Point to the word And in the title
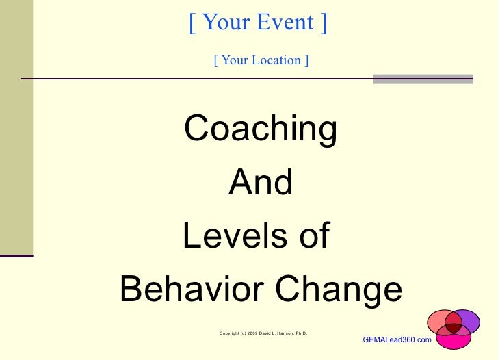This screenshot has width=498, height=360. [x=261, y=182]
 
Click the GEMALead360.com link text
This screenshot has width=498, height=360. [x=397, y=339]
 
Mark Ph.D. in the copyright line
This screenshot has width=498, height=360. [x=301, y=333]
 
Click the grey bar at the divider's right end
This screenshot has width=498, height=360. [x=423, y=79]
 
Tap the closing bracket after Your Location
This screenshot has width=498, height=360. [x=306, y=60]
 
